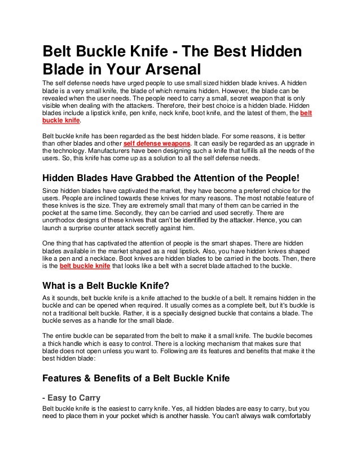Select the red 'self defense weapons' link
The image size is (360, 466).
pos(157,144)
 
